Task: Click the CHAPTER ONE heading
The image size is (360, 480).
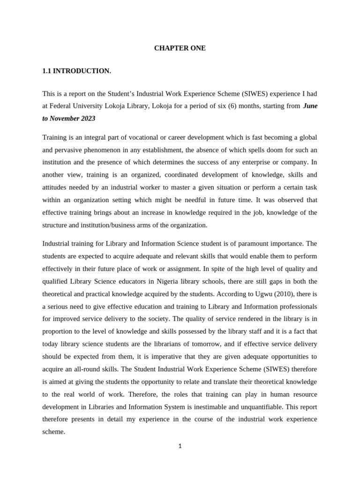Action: coord(180,48)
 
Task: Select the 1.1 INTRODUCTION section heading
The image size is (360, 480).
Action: coord(77,71)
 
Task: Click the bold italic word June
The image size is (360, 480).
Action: coord(310,106)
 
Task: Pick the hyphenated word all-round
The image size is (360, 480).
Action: coord(87,357)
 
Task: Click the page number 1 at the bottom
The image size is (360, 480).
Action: coord(180,446)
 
